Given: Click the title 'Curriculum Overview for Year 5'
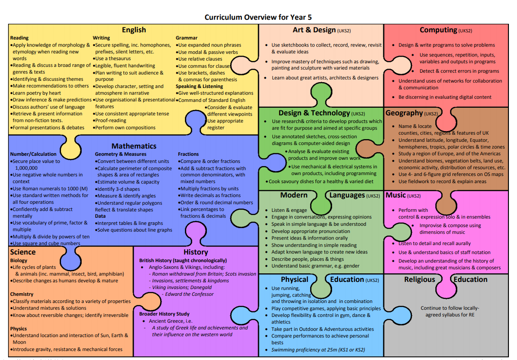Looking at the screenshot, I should point(258,18).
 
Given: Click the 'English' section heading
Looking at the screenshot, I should point(134,30).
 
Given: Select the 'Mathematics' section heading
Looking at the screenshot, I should point(134,146).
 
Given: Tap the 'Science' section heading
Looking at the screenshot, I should point(23,252).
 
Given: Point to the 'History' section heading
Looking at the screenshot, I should point(196,252).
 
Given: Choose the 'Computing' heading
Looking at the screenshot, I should point(438,30).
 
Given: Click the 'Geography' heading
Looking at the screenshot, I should point(404,113).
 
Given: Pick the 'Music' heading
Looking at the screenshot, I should point(395,195).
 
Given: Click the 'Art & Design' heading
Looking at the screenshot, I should point(314,30).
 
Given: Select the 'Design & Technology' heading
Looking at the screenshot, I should point(314,113).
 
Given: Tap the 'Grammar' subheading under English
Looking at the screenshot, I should point(187,38).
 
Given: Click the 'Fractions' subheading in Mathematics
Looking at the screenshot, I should point(188,154).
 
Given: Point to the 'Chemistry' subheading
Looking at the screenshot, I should point(22,294).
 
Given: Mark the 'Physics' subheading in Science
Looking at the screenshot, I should point(18,329).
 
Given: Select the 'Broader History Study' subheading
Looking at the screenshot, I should point(164,314).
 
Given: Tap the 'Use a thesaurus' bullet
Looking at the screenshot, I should point(112,58).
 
